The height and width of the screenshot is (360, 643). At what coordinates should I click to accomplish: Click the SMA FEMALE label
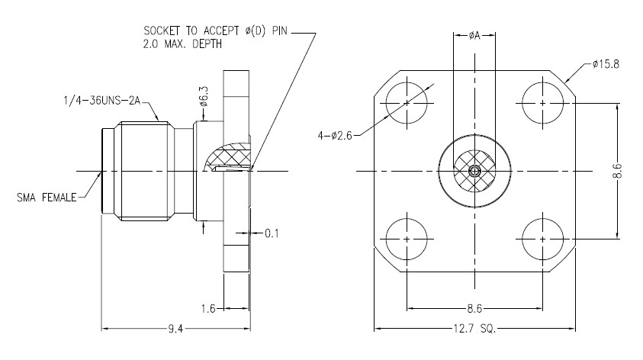[x=47, y=198]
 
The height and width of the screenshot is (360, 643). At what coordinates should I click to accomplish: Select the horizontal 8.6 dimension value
[x=474, y=309]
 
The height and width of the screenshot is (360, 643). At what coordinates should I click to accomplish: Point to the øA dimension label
[x=474, y=35]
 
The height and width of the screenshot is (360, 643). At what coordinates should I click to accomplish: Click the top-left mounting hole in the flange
[x=407, y=103]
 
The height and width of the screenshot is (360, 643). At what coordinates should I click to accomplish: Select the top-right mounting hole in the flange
[x=542, y=103]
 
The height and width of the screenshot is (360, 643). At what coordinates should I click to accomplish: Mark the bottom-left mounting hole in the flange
[x=407, y=238]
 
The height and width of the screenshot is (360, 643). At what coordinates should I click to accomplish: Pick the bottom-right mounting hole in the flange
[x=542, y=238]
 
